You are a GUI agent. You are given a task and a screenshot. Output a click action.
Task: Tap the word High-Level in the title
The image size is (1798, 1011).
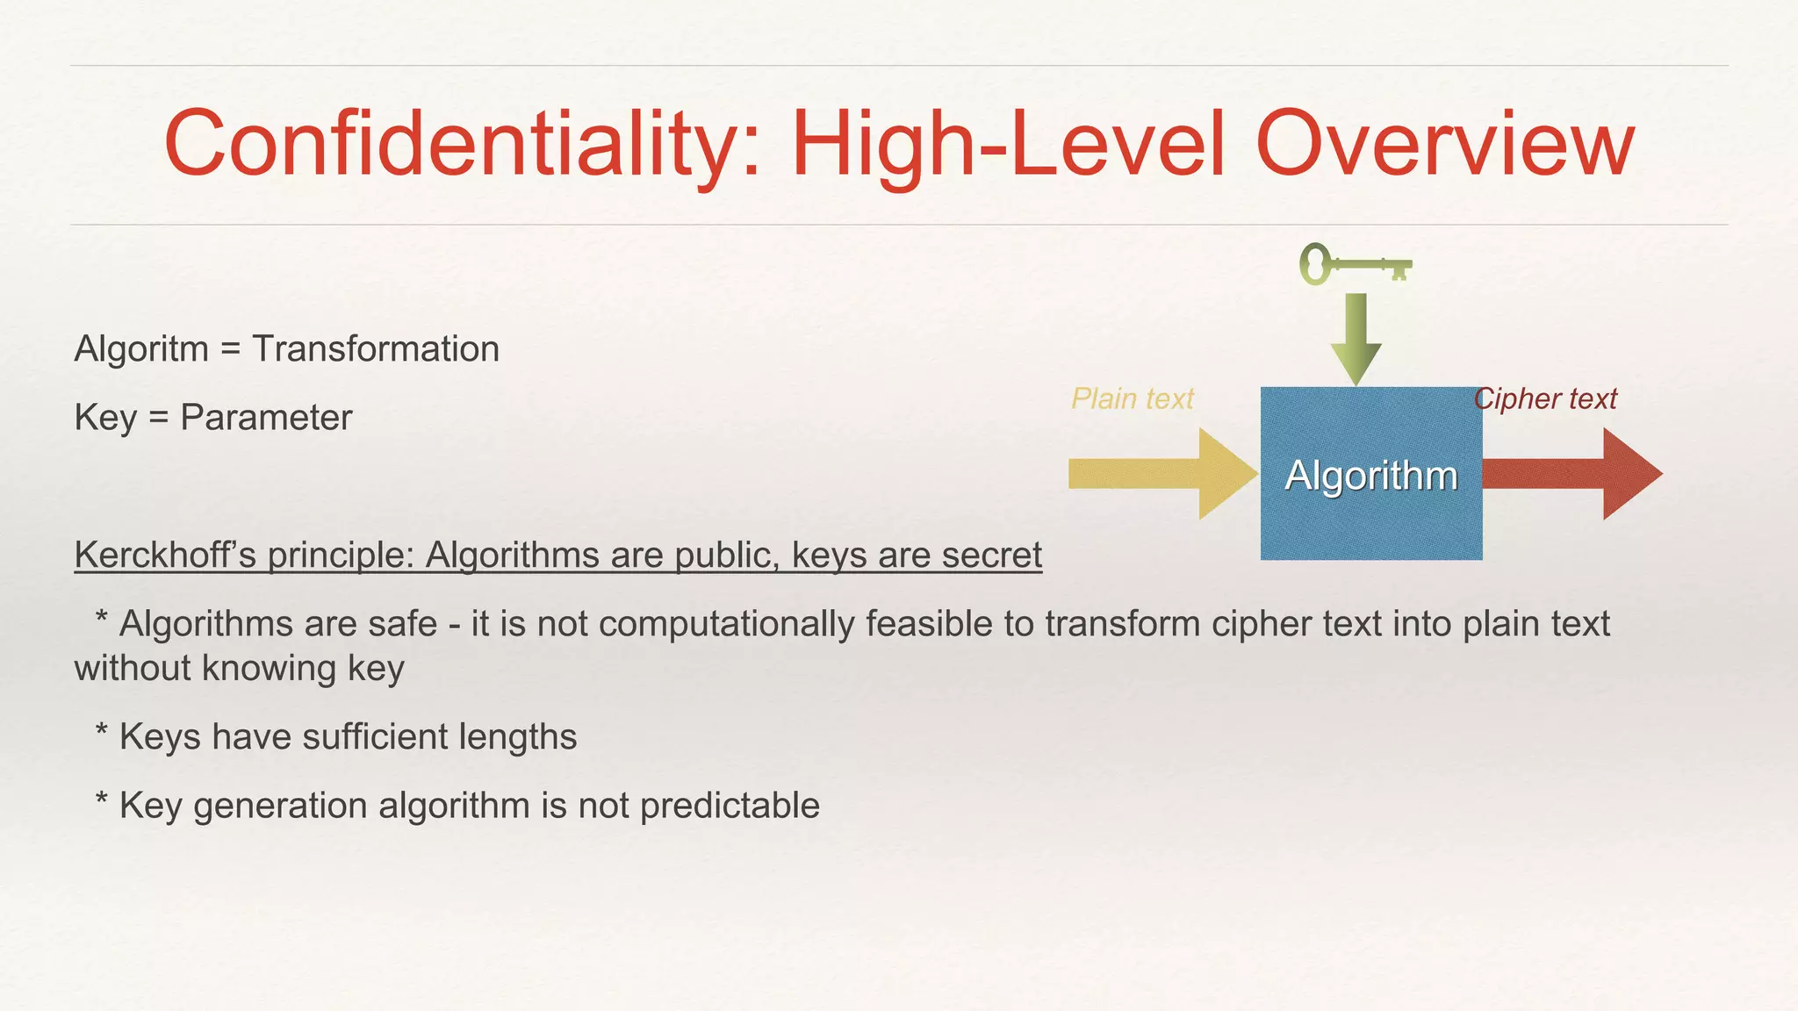coord(1008,145)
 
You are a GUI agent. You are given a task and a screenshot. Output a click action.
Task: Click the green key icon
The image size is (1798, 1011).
coord(1355,264)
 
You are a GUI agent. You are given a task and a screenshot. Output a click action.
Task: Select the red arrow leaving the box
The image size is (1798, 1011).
coord(1571,474)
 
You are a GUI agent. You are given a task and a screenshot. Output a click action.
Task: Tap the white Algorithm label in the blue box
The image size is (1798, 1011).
coord(1370,476)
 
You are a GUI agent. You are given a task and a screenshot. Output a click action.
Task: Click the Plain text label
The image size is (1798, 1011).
coord(1132,399)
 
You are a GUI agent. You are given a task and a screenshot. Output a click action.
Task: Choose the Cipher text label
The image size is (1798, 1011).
coord(1545,399)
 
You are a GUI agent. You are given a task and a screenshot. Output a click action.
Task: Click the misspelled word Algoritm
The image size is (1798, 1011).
coord(141,349)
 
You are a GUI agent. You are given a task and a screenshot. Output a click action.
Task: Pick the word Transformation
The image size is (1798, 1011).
coord(376,349)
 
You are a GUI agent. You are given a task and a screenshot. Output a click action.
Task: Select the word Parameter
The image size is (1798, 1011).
coord(265,418)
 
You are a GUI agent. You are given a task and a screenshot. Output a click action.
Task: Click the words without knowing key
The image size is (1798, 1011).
coord(239,669)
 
